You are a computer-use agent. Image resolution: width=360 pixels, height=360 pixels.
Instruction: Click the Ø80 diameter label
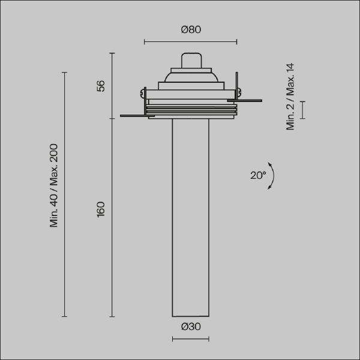(191, 29)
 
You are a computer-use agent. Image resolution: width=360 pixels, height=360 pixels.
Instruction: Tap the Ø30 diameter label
(191, 326)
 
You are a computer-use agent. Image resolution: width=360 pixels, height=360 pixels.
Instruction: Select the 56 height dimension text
(101, 86)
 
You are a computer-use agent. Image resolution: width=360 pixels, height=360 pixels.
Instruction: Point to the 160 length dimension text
(101, 209)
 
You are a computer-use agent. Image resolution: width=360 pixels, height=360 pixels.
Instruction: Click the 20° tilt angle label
(258, 175)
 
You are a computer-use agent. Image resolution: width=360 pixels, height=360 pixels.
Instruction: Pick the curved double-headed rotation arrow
(274, 176)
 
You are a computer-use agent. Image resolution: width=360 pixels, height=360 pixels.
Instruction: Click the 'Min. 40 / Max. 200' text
(54, 185)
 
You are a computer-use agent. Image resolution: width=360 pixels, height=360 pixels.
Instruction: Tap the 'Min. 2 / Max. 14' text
(290, 97)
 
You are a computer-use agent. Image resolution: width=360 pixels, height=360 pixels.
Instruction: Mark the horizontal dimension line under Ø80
(191, 42)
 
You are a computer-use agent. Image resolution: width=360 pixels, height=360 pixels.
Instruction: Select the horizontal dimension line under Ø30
(191, 339)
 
